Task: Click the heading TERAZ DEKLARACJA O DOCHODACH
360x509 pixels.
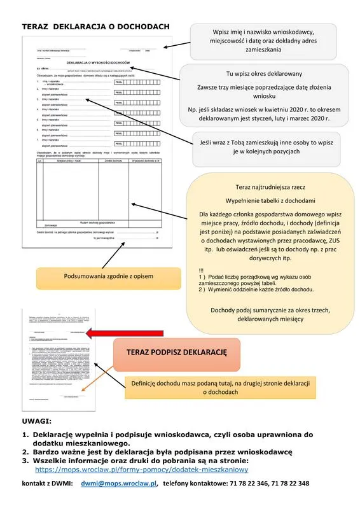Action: pyautogui.click(x=96, y=26)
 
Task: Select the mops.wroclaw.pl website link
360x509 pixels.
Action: pyautogui.click(x=141, y=470)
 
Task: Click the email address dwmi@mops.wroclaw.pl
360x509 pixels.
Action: pyautogui.click(x=118, y=484)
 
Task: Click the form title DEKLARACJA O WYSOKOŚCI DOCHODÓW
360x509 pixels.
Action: pyautogui.click(x=97, y=61)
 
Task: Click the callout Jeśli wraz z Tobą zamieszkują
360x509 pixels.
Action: pyautogui.click(x=267, y=149)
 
